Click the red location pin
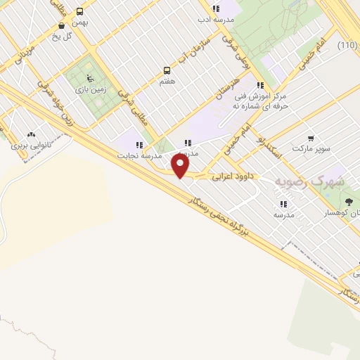pyautogui.click(x=181, y=165)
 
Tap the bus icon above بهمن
pyautogui.click(x=79, y=11)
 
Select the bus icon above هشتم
pyautogui.click(x=167, y=70)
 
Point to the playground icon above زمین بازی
pyautogui.click(x=89, y=77)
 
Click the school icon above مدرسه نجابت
pyautogui.click(x=139, y=145)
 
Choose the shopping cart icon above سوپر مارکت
pyautogui.click(x=311, y=139)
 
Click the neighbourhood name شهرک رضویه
pyautogui.click(x=309, y=181)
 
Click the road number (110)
pyautogui.click(x=347, y=46)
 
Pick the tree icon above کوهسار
pyautogui.click(x=349, y=202)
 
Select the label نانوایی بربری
pyautogui.click(x=28, y=147)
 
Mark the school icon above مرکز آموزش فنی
pyautogui.click(x=260, y=85)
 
